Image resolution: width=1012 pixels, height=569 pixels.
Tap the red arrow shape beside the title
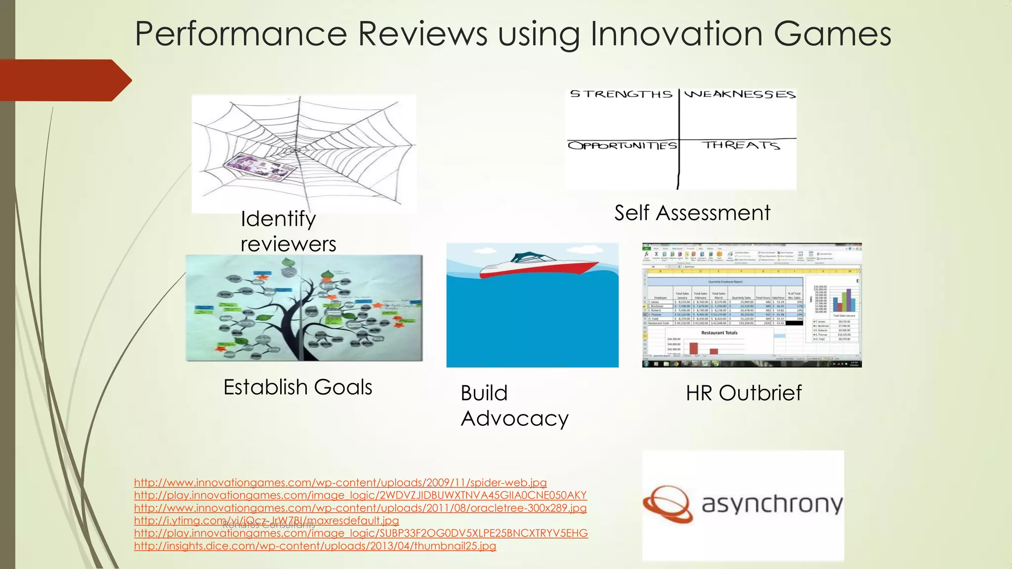pos(64,81)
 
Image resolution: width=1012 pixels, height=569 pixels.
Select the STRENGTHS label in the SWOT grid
pos(621,94)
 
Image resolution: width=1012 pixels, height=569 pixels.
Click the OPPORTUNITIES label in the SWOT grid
pos(622,146)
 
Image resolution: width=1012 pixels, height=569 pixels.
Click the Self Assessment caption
pos(692,213)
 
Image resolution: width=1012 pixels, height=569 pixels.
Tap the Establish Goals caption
pos(297,387)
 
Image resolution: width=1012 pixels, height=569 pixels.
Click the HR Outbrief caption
pos(743,393)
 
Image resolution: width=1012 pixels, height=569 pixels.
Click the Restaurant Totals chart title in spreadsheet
pos(719,333)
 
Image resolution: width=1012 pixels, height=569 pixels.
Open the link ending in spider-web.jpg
pos(340,483)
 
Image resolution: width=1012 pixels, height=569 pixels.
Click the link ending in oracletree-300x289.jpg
pos(360,508)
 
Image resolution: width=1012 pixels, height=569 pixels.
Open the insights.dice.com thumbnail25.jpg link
pos(315,546)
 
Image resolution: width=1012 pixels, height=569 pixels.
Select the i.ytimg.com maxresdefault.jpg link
pos(266,521)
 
